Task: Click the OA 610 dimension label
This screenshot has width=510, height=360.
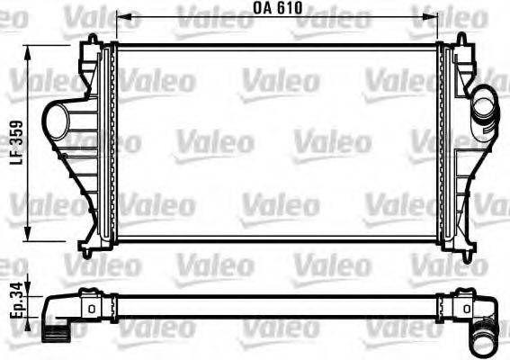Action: (x=277, y=8)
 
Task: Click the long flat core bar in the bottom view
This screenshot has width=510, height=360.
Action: (x=277, y=306)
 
